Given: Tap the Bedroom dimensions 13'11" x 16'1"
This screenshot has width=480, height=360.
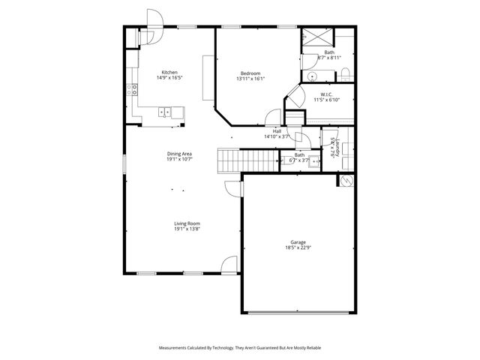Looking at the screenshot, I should (250, 78).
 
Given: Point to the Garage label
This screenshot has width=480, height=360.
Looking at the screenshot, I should (298, 242).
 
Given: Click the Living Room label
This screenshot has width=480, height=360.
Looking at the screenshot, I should (187, 223).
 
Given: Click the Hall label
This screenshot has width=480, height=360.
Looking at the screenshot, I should (277, 131).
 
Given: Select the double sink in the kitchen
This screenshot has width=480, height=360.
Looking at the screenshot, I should (165, 112).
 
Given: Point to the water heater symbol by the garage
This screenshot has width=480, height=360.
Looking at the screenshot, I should (346, 180).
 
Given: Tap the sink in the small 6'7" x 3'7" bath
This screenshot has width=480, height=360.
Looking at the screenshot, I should (314, 160).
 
